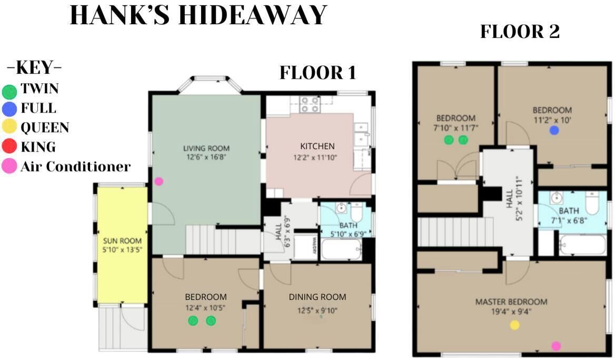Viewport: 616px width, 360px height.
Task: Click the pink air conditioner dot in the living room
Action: (158, 182)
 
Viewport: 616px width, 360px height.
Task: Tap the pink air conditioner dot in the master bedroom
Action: (556, 346)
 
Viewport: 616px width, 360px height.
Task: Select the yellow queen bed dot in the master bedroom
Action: (514, 325)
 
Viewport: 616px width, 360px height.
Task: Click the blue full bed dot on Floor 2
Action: (554, 131)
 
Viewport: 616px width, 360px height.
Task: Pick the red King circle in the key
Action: (9, 146)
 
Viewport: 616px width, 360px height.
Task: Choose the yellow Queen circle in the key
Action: (9, 126)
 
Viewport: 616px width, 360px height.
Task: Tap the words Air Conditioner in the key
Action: (75, 166)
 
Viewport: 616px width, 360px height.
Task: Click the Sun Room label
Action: (122, 241)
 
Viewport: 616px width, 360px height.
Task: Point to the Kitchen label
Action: (317, 146)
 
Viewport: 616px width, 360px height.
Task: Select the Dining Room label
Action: (317, 297)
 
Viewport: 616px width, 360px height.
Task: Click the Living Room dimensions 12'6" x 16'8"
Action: (206, 157)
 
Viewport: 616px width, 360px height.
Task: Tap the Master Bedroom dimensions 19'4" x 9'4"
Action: (511, 312)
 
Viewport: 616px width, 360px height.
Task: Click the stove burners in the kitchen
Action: (310, 104)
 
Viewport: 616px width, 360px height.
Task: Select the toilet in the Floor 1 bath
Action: (356, 213)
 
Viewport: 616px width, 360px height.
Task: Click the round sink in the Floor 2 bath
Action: (557, 198)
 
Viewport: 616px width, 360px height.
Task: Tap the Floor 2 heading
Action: (520, 32)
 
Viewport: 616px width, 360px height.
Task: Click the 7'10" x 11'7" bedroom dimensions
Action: (456, 128)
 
